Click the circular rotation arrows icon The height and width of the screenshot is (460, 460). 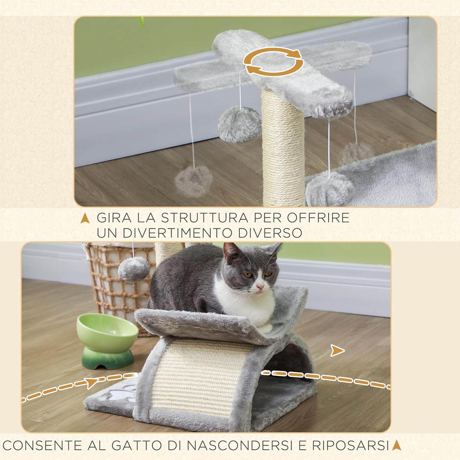click(273, 61)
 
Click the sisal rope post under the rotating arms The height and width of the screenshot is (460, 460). click(283, 147)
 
